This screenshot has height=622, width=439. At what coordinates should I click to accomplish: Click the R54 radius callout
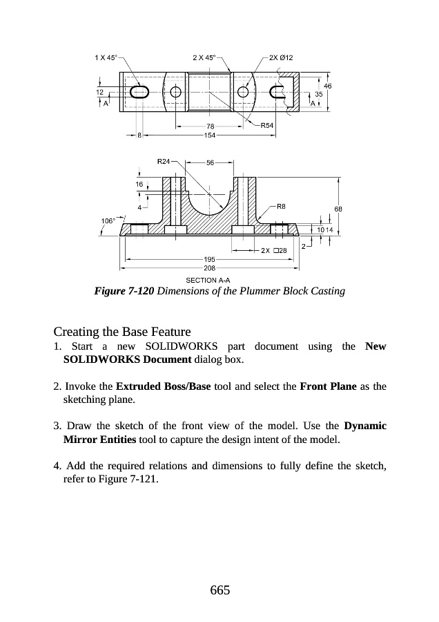pyautogui.click(x=269, y=126)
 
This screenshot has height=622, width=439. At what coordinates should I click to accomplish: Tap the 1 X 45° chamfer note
pyautogui.click(x=105, y=57)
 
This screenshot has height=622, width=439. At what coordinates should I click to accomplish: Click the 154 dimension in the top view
pyautogui.click(x=211, y=135)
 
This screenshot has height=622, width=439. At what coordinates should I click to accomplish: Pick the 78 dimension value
pyautogui.click(x=211, y=126)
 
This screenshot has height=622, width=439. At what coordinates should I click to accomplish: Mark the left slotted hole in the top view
pyautogui.click(x=139, y=92)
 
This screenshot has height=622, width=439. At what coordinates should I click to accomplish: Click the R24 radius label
pyautogui.click(x=164, y=162)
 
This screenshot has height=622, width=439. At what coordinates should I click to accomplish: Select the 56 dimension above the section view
pyautogui.click(x=211, y=162)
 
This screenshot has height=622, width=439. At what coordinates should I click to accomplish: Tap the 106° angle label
pyautogui.click(x=108, y=220)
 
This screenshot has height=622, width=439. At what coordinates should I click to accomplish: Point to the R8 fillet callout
pyautogui.click(x=281, y=205)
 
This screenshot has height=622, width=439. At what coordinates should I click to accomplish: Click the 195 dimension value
pyautogui.click(x=209, y=259)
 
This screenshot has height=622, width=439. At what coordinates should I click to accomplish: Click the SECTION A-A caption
pyautogui.click(x=209, y=280)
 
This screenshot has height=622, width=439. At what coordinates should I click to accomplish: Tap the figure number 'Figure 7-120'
pyautogui.click(x=124, y=291)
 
